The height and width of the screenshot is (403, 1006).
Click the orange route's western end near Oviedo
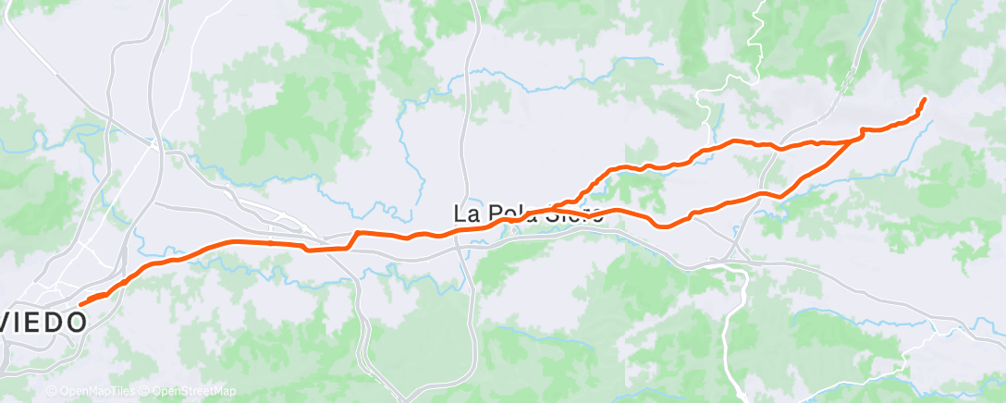81,303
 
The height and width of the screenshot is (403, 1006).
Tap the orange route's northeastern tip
924,98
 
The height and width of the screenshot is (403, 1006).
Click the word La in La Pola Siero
466,213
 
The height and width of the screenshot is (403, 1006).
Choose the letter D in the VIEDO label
57,323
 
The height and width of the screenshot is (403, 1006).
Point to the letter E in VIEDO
39,323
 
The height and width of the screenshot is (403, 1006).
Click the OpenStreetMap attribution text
194,391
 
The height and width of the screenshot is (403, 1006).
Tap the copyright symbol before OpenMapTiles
52,391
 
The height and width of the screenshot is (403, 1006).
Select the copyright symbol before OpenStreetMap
147,391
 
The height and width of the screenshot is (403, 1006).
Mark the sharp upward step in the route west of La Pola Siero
353,238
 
